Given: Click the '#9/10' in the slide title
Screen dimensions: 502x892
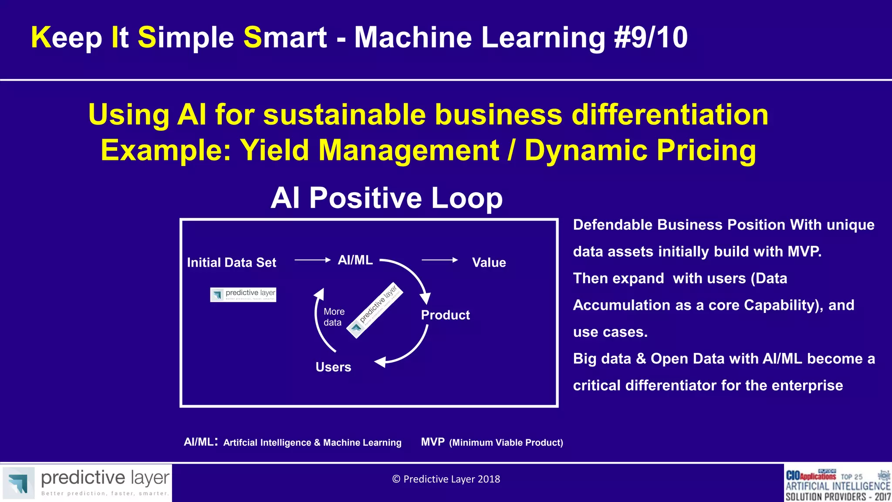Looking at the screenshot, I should tap(651, 37).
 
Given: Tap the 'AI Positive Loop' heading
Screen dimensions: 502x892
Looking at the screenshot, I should tap(386, 198).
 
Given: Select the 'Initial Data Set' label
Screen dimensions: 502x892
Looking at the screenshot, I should tap(231, 262).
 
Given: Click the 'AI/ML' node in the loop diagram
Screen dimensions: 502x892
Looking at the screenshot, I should tap(355, 260).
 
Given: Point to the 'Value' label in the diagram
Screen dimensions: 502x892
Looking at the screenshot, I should tap(489, 262).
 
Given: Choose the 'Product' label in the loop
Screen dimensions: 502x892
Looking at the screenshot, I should tap(445, 315).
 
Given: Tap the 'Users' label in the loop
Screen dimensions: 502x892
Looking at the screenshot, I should tap(333, 367).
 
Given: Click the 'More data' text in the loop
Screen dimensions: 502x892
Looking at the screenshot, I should tap(334, 317).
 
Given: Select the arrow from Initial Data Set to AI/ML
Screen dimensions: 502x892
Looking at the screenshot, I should tap(312, 260).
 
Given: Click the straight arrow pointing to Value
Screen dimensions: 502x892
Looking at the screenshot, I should tap(439, 260).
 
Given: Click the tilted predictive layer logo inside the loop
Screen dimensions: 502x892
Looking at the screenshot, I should tap(375, 310).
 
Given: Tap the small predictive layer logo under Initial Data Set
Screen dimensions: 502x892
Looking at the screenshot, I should tap(243, 295).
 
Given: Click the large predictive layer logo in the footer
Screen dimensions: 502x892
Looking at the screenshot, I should tap(86, 482).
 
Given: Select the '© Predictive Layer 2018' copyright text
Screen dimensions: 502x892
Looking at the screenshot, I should tap(446, 479).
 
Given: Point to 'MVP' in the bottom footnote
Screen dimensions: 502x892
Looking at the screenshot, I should tap(432, 442).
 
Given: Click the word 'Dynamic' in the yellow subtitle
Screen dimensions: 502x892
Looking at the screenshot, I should tap(586, 150).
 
